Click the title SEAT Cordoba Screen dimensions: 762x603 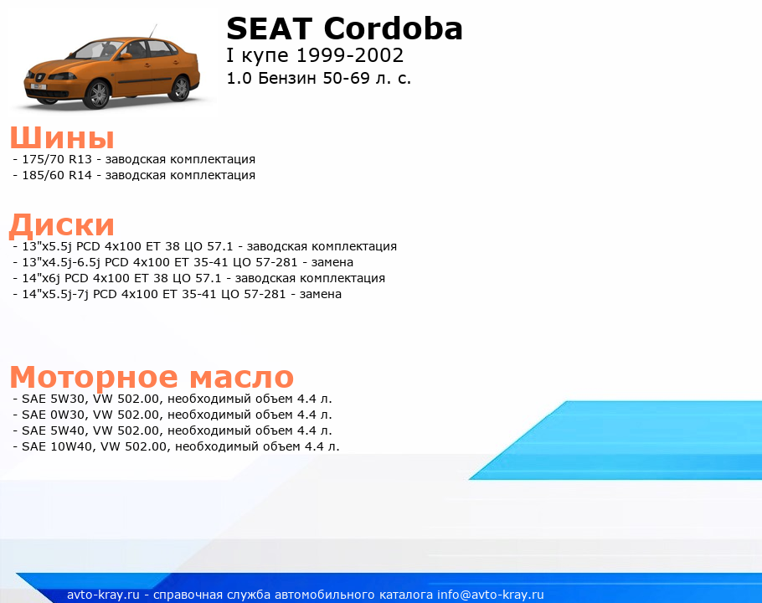(x=344, y=28)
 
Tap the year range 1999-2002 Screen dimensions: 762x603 (x=350, y=55)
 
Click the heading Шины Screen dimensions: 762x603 (x=62, y=137)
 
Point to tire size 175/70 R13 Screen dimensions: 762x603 (x=57, y=159)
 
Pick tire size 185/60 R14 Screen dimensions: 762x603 (x=57, y=175)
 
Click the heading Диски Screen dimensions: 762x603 (x=62, y=224)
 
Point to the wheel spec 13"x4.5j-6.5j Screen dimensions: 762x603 (x=61, y=262)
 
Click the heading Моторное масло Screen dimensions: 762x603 (x=152, y=377)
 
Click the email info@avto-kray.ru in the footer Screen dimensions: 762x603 (x=491, y=595)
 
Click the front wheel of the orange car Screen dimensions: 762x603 (x=98, y=94)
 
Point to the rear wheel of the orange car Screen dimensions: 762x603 (x=181, y=88)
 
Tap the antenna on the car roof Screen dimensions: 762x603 (x=153, y=31)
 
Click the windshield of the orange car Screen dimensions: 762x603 (x=95, y=50)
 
